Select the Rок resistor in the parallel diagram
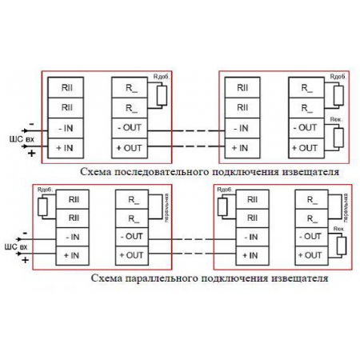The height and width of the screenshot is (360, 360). pos(342,244)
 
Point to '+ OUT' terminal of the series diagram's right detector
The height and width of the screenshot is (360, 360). pos(305,148)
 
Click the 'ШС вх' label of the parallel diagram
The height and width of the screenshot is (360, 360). pos(15,246)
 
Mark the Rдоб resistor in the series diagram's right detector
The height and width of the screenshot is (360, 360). pos(338,95)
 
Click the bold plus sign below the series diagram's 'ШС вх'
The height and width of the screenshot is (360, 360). pos(31,152)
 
